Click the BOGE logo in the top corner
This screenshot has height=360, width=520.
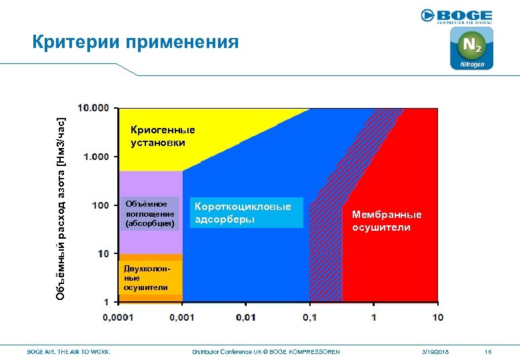[x=457, y=16]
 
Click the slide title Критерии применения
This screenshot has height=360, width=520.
[x=135, y=42]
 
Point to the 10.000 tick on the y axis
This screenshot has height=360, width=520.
[x=93, y=108]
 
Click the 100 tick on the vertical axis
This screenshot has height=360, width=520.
[x=101, y=205]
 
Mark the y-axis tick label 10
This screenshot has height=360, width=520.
[x=103, y=253]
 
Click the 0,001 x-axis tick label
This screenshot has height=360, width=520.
[x=181, y=317]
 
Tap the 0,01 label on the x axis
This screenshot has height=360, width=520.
[x=245, y=317]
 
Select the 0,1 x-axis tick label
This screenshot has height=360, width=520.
[x=309, y=317]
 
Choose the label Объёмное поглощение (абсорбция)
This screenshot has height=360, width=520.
[x=149, y=213]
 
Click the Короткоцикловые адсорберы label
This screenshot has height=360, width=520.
[x=243, y=213]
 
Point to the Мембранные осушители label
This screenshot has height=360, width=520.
[x=387, y=221]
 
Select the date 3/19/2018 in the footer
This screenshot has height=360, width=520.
[x=435, y=351]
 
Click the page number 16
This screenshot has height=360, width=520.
[x=488, y=351]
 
